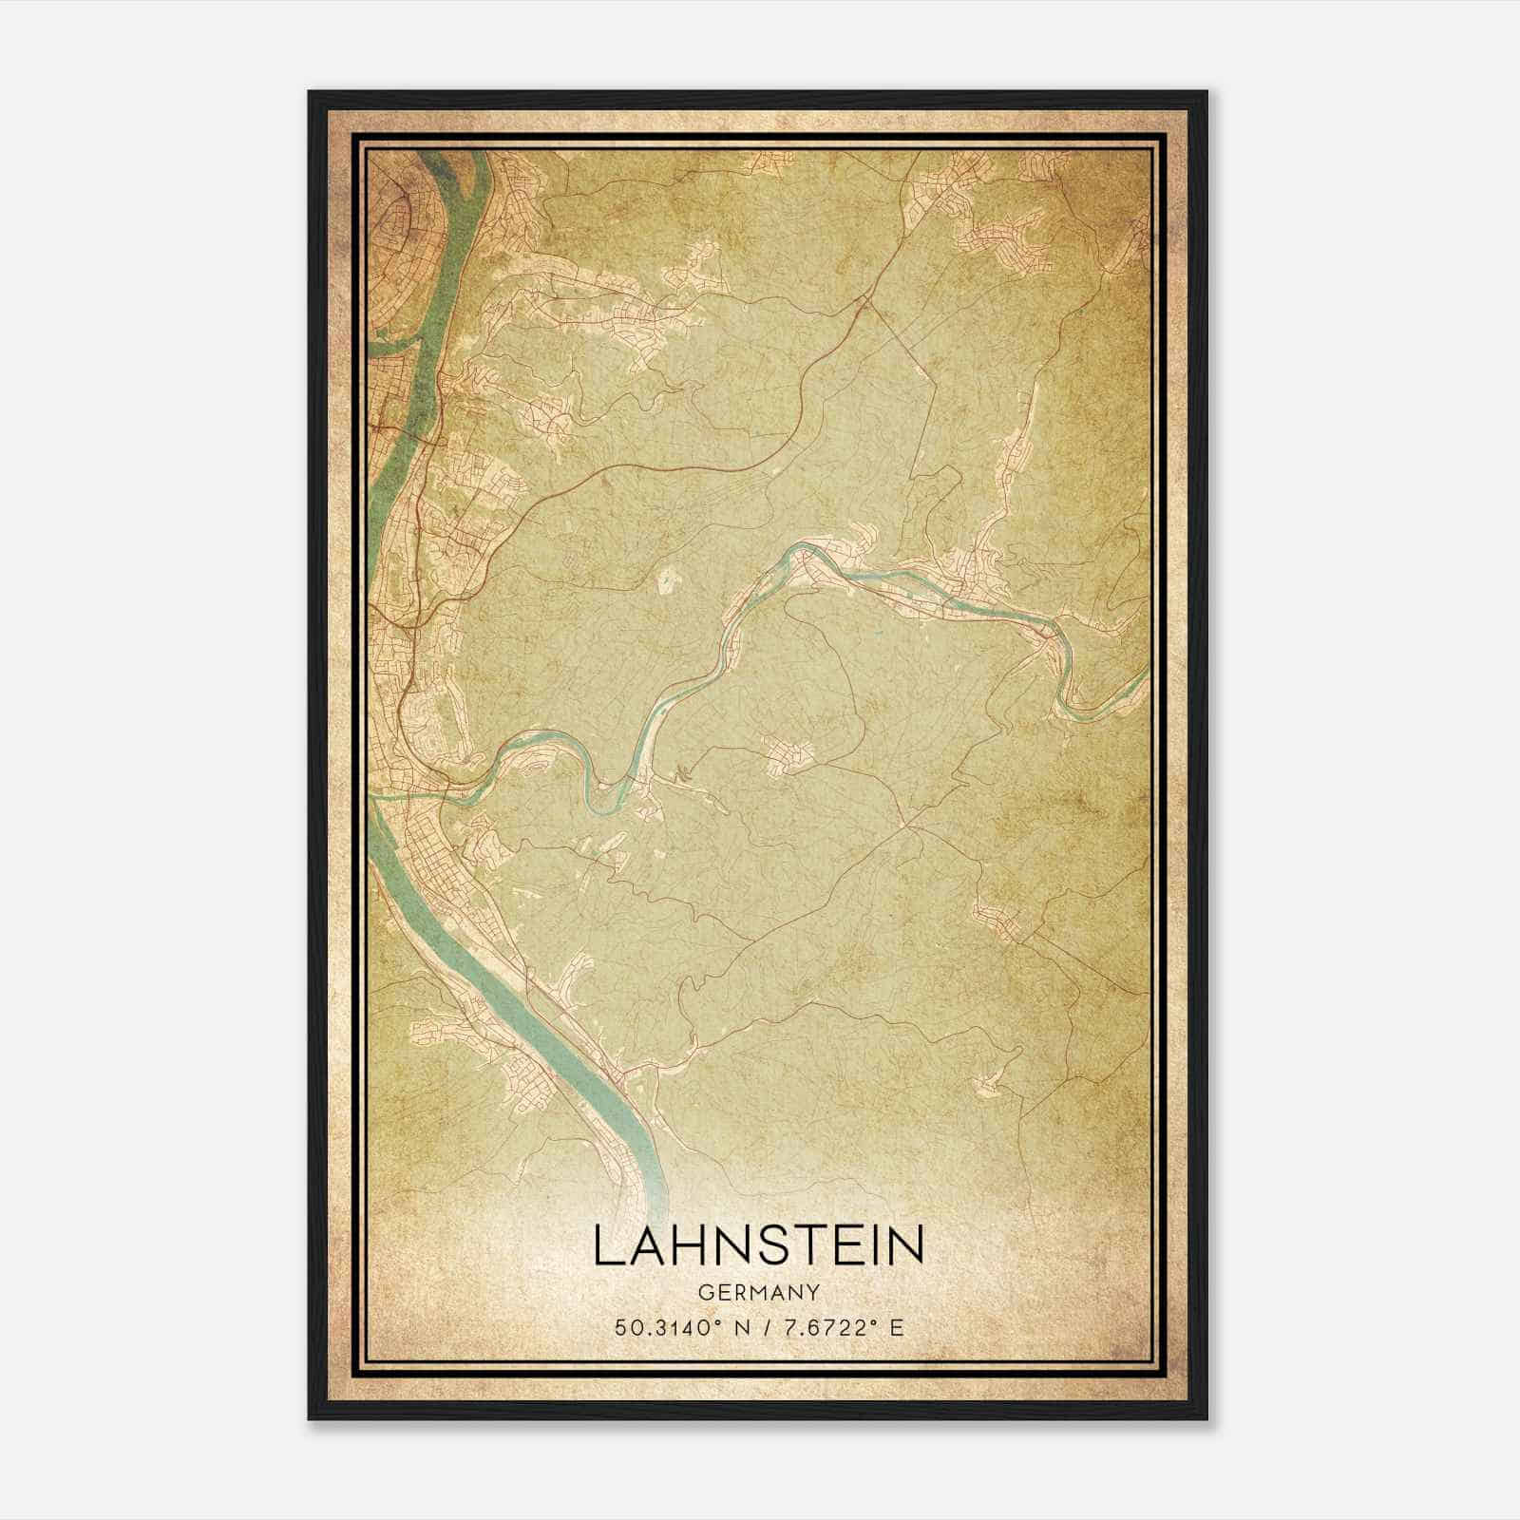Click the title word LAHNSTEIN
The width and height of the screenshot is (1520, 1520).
tap(758, 1246)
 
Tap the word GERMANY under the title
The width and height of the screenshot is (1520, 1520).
tap(758, 1292)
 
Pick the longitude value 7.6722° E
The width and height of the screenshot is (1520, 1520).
tap(837, 1327)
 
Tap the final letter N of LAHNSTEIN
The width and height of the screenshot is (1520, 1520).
tap(908, 1246)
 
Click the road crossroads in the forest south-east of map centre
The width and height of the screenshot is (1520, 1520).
tap(918, 826)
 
